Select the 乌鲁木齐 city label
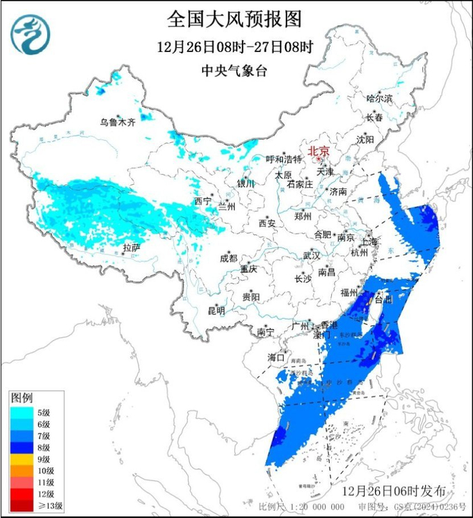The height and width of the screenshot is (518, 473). pyautogui.click(x=118, y=122)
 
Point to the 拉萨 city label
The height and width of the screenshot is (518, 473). pyautogui.click(x=131, y=248)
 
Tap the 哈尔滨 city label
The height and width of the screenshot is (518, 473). pyautogui.click(x=379, y=99)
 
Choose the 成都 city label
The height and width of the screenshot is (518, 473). pyautogui.click(x=228, y=258)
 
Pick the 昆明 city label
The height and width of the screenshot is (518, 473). pyautogui.click(x=216, y=310)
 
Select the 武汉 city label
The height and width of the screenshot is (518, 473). pyautogui.click(x=311, y=256)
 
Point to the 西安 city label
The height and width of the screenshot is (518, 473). pyautogui.click(x=267, y=224)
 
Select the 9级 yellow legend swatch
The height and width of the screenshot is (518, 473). pyautogui.click(x=20, y=457)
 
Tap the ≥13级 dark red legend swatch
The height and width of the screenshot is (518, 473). pyautogui.click(x=20, y=505)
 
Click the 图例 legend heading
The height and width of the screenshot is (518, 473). pyautogui.click(x=22, y=396)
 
